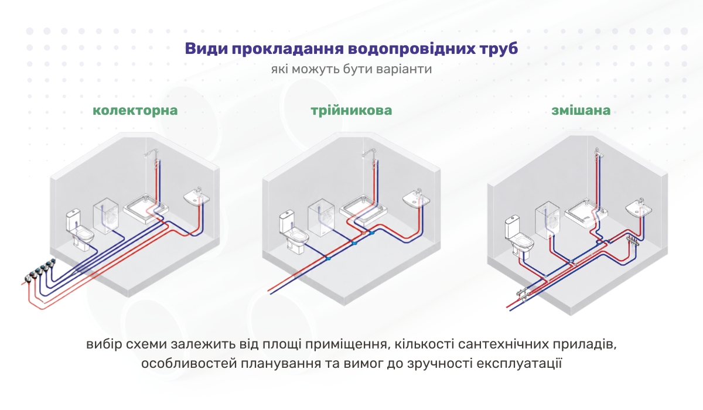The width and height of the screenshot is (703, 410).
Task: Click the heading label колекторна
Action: click(135, 111)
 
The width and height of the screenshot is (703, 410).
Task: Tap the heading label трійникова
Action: click(351, 111)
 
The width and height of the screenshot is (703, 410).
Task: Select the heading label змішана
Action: click(581, 111)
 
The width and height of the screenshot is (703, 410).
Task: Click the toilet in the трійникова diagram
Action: click(294, 232)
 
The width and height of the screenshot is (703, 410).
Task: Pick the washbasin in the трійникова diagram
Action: click(416, 198)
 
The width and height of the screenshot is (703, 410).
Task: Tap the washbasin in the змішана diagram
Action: click(639, 208)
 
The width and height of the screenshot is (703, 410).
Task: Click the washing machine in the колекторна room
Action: click(106, 216)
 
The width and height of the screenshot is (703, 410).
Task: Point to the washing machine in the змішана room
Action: click(548, 221)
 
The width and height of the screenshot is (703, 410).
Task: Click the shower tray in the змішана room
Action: click(586, 213)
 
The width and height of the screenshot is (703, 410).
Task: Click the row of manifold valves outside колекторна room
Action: click(40, 270)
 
